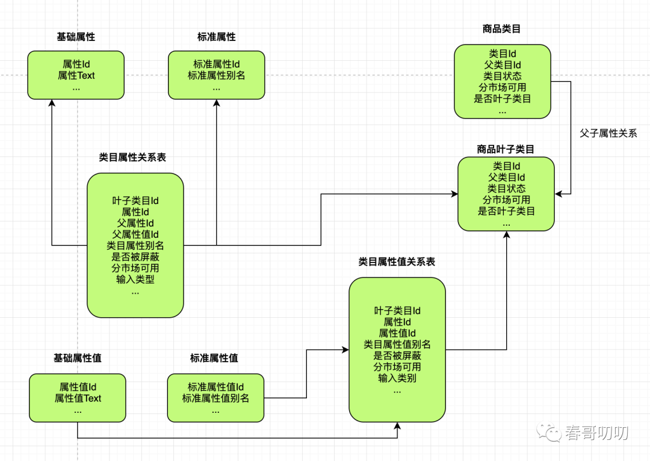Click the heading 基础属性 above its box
(76, 37)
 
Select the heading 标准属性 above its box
(217, 37)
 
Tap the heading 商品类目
(501, 29)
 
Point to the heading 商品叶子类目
(506, 149)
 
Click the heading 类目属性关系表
(132, 157)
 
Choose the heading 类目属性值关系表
(397, 262)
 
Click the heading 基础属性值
(78, 357)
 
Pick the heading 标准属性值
(214, 357)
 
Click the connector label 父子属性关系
(608, 133)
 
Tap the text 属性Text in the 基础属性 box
(76, 75)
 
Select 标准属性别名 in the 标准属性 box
(217, 75)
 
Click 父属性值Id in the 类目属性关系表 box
(135, 234)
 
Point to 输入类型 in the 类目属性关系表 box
(135, 279)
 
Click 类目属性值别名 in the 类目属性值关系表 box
(397, 344)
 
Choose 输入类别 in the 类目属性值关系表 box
(397, 378)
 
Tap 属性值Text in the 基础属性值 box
(78, 398)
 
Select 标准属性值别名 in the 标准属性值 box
(215, 398)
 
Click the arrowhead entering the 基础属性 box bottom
(52, 103)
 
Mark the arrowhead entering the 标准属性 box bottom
(217, 103)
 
